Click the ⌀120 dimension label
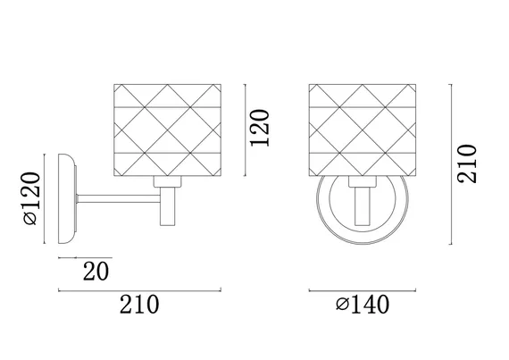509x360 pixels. coord(32,198)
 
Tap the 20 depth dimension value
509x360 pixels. coord(96,271)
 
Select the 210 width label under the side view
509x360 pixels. coord(139,305)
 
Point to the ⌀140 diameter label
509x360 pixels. coord(363,305)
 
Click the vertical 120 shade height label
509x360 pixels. coord(259,128)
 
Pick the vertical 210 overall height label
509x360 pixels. coord(467,163)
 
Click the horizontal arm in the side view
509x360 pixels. coord(119,198)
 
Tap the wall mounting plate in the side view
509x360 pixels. coord(67,198)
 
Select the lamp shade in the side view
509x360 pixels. coord(168,130)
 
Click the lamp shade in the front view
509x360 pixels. coord(363,130)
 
